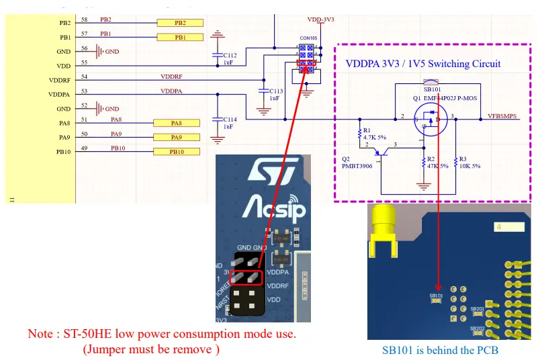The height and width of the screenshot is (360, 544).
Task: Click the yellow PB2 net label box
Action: point(179,23)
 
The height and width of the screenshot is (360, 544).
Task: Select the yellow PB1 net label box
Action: point(179,38)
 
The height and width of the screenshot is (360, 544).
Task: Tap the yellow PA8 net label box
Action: point(176,123)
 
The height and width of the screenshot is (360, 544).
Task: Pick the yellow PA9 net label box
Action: point(176,138)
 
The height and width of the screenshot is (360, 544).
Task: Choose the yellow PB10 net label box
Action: point(177,152)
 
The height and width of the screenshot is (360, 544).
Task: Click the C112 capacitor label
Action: point(230,55)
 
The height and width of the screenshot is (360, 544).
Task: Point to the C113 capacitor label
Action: point(276,91)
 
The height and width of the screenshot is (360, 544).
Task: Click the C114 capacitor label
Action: point(230,120)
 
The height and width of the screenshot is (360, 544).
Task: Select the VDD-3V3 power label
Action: point(320,20)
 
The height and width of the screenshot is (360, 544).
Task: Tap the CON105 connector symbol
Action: point(306,57)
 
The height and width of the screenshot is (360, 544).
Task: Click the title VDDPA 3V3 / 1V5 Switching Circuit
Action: point(422,64)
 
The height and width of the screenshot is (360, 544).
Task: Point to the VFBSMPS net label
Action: point(502,116)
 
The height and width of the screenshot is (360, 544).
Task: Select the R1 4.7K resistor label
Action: point(371,134)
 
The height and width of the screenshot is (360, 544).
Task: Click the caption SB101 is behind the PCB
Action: point(440,350)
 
